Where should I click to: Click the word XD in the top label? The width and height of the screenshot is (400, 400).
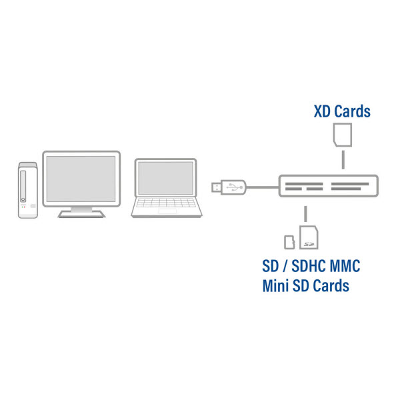[x=323, y=111]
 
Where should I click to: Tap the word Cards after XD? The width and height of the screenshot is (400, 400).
[x=352, y=111]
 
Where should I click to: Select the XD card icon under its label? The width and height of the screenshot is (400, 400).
[x=342, y=135]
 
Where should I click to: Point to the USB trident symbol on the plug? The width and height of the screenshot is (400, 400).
[x=235, y=187]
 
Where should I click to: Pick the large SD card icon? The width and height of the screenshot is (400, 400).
[x=309, y=237]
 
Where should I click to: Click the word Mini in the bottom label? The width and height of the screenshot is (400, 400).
[x=276, y=287]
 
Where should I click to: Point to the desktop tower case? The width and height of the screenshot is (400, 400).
[x=27, y=188]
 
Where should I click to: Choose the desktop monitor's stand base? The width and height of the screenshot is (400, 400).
[x=81, y=213]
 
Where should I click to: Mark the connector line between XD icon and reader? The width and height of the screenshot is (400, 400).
[x=342, y=159]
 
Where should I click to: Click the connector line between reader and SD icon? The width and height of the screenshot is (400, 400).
[x=305, y=213]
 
